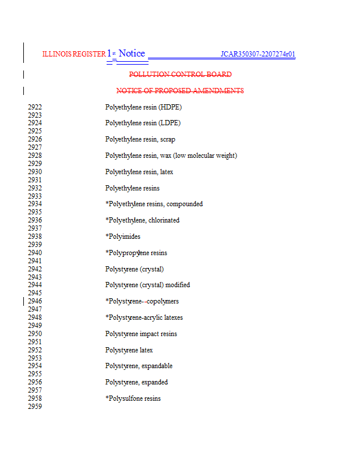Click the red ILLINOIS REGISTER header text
74,54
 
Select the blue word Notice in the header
132,54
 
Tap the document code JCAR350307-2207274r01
257,55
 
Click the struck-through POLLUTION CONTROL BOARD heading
180,75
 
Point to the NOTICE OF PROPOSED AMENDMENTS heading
180,91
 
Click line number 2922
35,107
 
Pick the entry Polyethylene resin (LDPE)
143,123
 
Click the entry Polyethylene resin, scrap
140,139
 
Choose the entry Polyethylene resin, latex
139,172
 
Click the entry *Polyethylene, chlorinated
142,220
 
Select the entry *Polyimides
123,236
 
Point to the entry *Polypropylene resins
136,253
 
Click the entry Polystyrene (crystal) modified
147,285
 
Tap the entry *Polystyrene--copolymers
142,301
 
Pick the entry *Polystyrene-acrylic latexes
144,317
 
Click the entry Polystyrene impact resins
141,334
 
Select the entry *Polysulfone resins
133,398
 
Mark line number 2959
35,407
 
